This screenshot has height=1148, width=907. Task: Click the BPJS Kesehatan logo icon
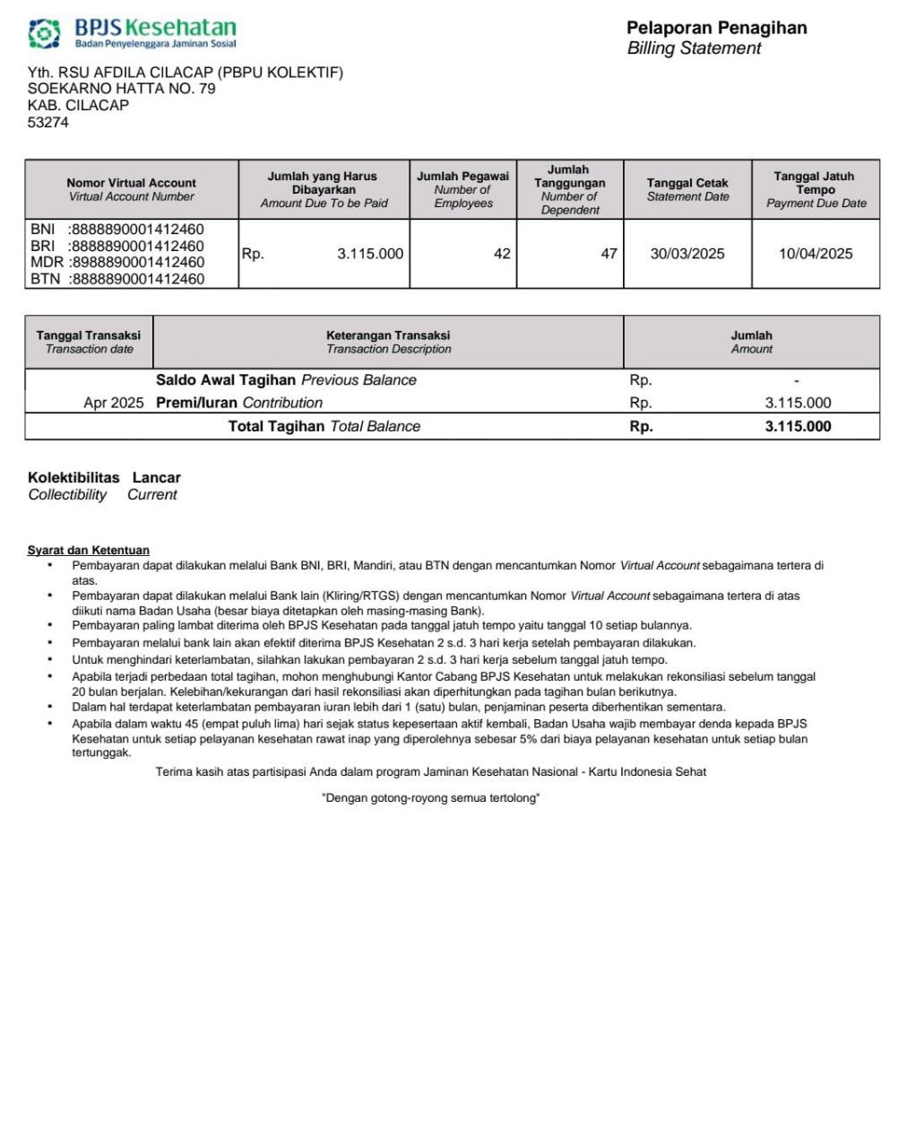44,33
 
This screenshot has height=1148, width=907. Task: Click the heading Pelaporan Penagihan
716,28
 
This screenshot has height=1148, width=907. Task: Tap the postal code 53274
48,122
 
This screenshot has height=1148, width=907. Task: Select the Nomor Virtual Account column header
131,189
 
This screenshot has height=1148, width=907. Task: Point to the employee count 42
502,254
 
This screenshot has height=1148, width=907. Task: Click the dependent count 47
609,254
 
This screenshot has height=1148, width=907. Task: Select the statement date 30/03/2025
687,254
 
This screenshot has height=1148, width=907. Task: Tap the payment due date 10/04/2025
816,254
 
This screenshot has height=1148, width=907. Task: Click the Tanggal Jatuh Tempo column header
815,189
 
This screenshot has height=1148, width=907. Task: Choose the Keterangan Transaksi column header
388,342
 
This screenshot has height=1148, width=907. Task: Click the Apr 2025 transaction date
113,403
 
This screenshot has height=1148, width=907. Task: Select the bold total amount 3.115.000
798,426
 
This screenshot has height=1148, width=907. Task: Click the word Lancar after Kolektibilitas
157,477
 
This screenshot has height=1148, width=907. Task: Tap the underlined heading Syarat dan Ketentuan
89,551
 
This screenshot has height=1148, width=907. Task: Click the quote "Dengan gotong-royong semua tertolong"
430,798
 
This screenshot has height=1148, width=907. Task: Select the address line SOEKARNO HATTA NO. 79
122,89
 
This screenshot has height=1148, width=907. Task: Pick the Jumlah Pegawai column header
462,189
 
